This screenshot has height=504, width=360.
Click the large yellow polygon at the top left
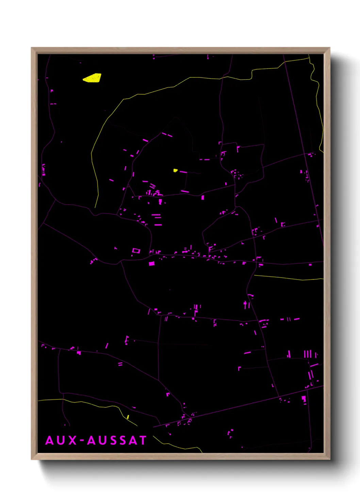92,78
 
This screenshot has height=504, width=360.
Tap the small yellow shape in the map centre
175,170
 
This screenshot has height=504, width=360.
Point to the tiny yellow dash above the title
128,417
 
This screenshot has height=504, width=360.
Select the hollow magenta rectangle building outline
136,251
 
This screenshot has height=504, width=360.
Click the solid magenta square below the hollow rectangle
151,263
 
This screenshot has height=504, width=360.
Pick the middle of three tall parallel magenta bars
308,354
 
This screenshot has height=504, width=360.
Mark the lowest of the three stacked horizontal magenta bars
158,225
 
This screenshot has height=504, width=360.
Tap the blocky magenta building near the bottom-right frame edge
304,399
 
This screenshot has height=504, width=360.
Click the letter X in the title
72,440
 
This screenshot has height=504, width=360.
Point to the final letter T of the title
142,440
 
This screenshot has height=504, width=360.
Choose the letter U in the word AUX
61,440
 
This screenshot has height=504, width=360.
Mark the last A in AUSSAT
133,440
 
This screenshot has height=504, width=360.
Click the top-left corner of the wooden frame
32,48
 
